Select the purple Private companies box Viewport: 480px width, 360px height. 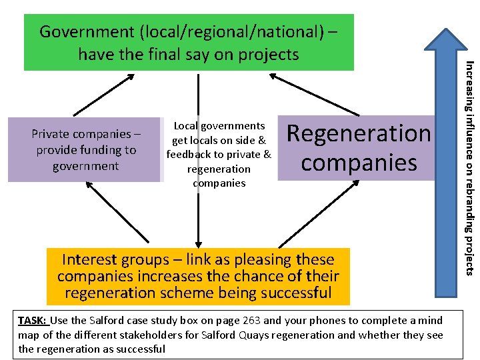(x=85, y=149)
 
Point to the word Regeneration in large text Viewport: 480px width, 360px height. (x=359, y=133)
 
